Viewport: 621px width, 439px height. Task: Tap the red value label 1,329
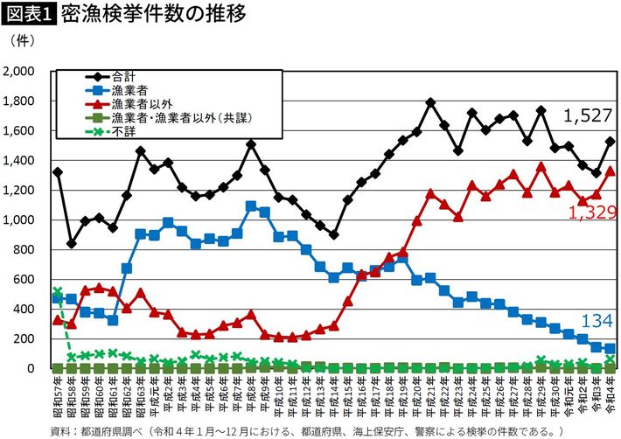[592, 212]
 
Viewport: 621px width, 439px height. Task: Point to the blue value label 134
[597, 322]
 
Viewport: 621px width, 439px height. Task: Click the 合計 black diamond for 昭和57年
[58, 172]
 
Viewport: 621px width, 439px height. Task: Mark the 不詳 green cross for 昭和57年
[58, 292]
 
